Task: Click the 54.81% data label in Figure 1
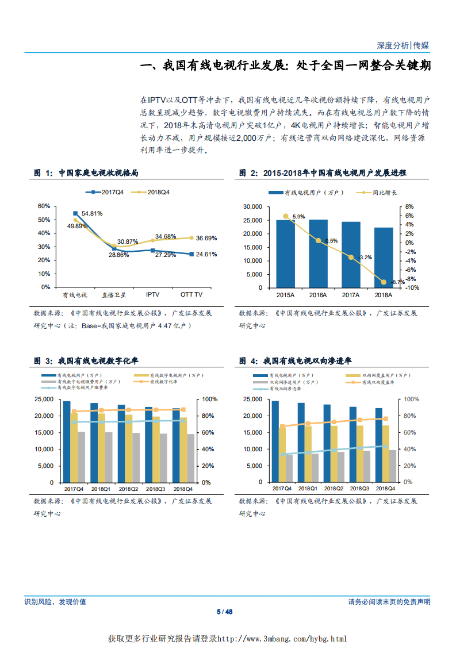tap(92, 214)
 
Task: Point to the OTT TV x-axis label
tap(191, 294)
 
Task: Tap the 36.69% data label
tap(206, 238)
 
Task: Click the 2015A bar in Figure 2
tap(285, 253)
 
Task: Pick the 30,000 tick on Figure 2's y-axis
tap(253, 206)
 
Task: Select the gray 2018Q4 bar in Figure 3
tap(191, 458)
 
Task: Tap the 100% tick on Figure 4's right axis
tap(412, 400)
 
